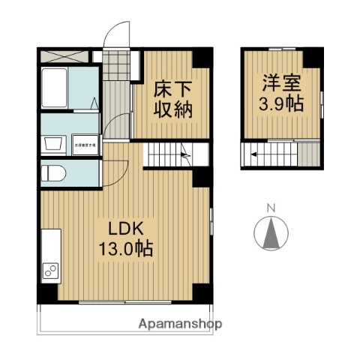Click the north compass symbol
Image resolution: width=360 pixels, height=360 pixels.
tap(272, 233)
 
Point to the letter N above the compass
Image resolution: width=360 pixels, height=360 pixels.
tap(272, 208)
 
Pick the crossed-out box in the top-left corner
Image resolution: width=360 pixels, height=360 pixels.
tap(62, 55)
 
